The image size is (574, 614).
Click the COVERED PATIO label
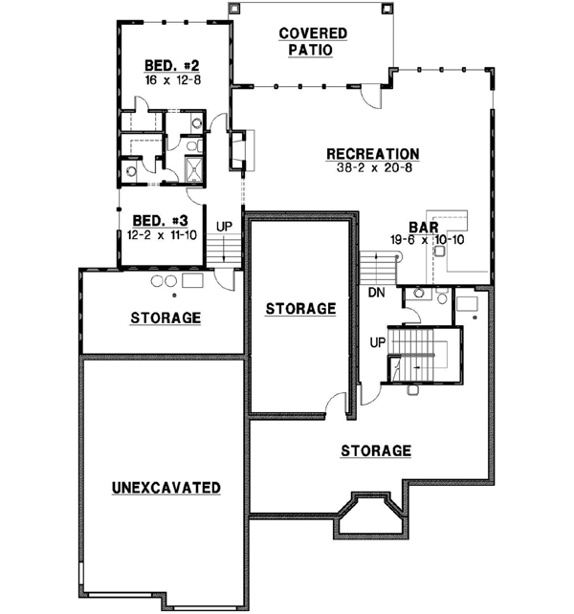coord(313,42)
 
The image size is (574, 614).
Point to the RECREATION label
coord(372,153)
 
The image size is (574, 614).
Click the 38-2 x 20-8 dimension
coord(372,167)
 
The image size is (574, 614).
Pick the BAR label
coord(423,228)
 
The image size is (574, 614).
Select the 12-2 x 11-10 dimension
coord(159,233)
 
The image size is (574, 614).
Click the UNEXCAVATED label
coord(166,488)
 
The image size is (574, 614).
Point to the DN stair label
coord(375,293)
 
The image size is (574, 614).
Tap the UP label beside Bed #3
coord(225,226)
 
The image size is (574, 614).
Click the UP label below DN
coord(379,341)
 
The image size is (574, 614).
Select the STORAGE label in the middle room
coord(300,308)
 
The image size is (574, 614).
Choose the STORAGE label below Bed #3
coord(166,318)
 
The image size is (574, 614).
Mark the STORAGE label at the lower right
coord(376,450)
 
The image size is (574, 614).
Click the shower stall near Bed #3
coord(193,170)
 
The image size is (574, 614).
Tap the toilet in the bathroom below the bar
coord(441,298)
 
